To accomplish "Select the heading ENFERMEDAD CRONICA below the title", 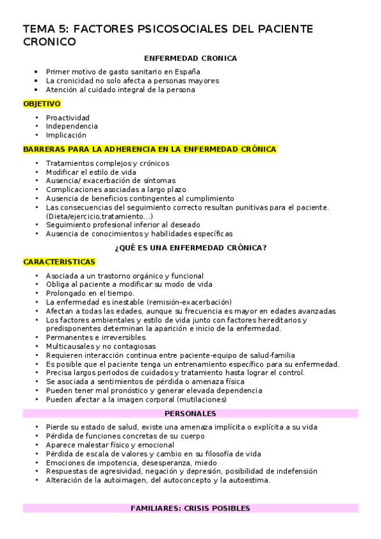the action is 190,58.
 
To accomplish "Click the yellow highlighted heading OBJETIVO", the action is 42,104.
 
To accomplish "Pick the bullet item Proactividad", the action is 67,118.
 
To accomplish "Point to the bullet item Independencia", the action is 71,126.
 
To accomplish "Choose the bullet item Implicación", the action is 66,135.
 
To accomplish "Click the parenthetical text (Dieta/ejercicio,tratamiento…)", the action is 99,216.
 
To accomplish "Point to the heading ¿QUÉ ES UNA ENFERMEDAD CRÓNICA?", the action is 190,247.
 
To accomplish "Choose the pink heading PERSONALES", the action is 190,414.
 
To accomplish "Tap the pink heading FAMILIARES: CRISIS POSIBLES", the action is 190,508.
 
